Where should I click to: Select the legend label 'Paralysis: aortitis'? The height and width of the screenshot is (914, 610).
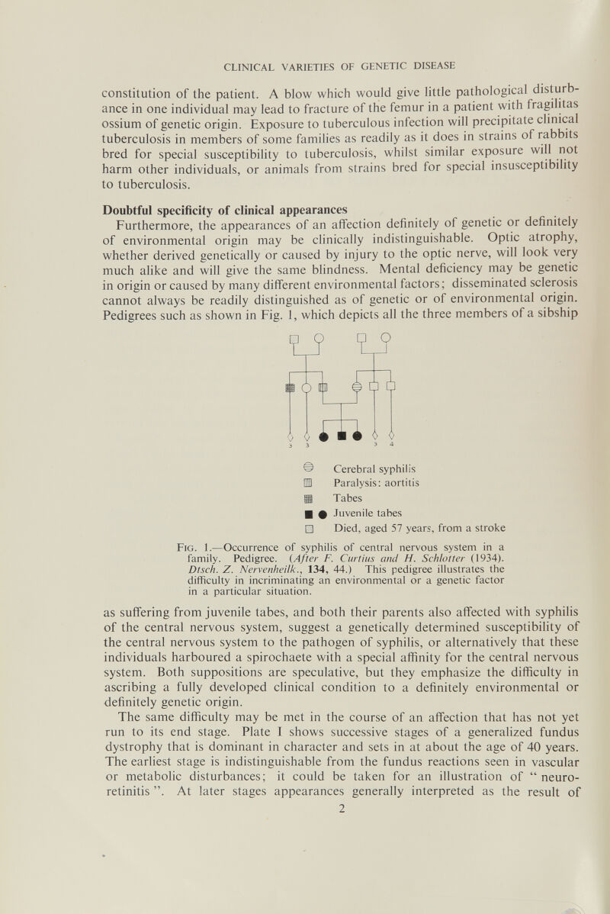[377, 483]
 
